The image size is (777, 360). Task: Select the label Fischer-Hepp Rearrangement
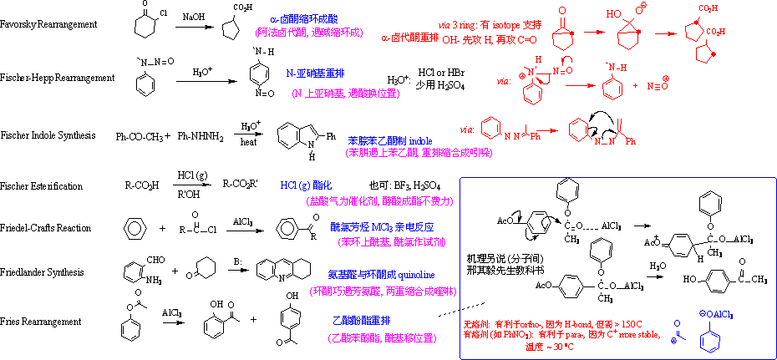pyautogui.click(x=57, y=78)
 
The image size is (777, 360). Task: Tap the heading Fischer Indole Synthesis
pyautogui.click(x=48, y=134)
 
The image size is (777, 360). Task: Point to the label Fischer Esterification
pyautogui.click(x=42, y=185)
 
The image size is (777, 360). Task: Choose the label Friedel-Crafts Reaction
pyautogui.click(x=46, y=228)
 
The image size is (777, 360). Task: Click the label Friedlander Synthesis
pyautogui.click(x=42, y=272)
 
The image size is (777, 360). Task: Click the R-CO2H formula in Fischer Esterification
pyautogui.click(x=142, y=185)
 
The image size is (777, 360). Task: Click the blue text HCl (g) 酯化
pyautogui.click(x=306, y=185)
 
